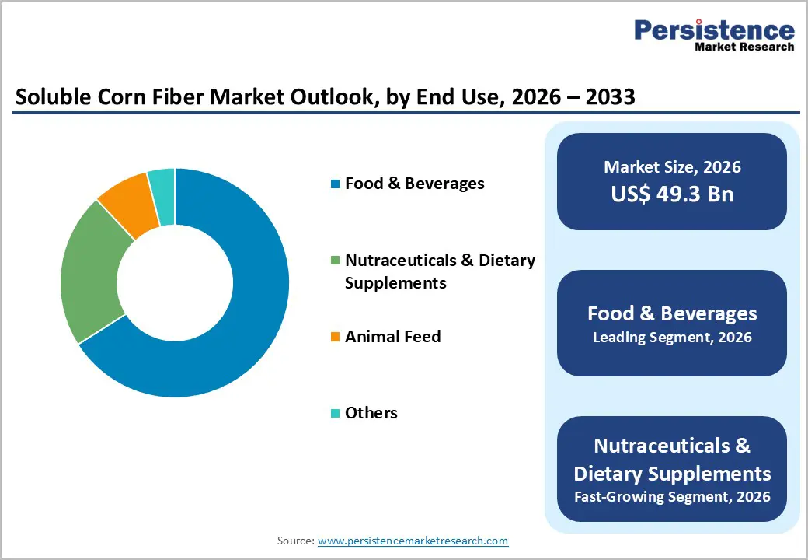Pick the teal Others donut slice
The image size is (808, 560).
(x=162, y=187)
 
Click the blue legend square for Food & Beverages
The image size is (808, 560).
(x=335, y=184)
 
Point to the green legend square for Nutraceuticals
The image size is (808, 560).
(x=335, y=261)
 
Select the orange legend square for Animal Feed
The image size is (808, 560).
(x=335, y=337)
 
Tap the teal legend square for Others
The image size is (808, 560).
(x=335, y=413)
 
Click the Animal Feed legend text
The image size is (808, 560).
(x=392, y=337)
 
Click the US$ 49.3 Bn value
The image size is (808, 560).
(x=672, y=194)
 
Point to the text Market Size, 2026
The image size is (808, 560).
(x=672, y=167)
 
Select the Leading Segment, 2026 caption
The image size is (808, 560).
(x=672, y=338)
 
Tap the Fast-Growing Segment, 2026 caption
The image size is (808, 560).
(x=672, y=496)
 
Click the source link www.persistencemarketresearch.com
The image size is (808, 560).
(x=413, y=541)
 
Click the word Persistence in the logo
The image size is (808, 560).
(x=714, y=30)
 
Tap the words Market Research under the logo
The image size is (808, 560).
(x=744, y=47)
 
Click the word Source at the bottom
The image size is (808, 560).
(x=295, y=541)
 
